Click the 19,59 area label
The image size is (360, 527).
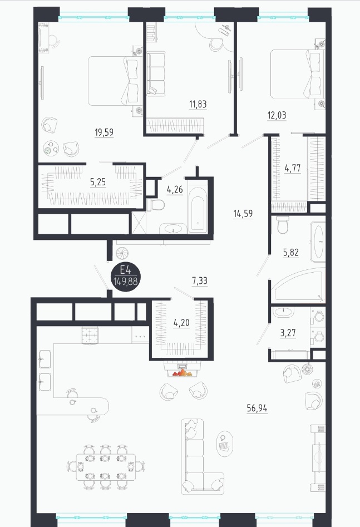(x=104, y=132)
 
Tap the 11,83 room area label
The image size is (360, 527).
(x=198, y=104)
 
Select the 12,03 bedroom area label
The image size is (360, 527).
(x=277, y=115)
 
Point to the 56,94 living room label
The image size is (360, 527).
(x=257, y=408)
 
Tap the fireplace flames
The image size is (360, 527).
(x=182, y=372)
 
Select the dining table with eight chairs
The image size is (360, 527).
(x=106, y=467)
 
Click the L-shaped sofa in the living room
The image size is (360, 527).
(x=203, y=456)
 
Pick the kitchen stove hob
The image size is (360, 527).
(x=91, y=336)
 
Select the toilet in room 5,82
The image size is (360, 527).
(x=283, y=225)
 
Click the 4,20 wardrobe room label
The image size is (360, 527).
(x=181, y=323)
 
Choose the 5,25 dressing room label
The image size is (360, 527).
(x=98, y=182)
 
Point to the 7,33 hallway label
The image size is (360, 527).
(x=200, y=280)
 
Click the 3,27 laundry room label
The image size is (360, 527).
(x=288, y=333)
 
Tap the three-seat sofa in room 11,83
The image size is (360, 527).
(x=156, y=73)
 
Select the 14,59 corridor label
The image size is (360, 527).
(x=243, y=214)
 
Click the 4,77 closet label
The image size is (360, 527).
(x=293, y=168)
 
